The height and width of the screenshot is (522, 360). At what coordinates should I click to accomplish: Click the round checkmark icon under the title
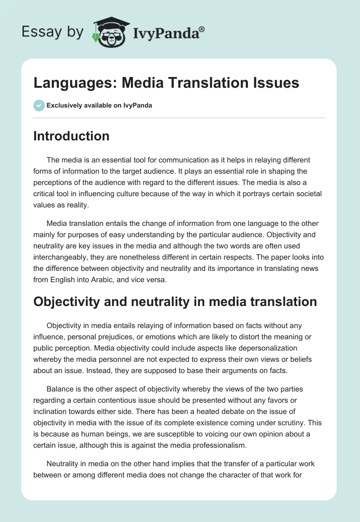[39, 105]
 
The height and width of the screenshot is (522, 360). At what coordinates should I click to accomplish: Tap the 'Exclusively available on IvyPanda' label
[99, 106]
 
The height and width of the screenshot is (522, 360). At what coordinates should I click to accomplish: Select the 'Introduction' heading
[71, 136]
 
